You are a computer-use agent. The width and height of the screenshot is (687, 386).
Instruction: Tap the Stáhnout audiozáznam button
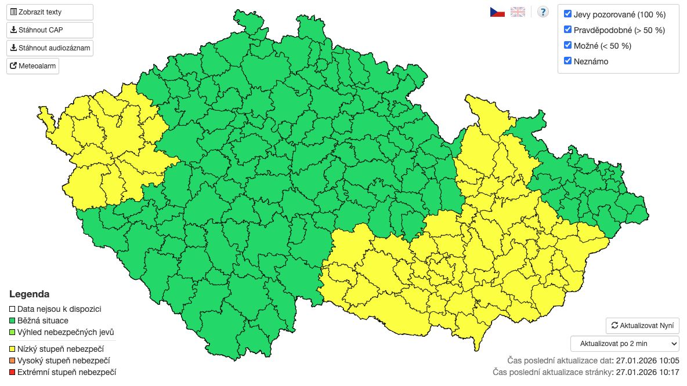[49, 48]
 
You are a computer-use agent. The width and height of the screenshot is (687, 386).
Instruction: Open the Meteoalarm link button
[32, 66]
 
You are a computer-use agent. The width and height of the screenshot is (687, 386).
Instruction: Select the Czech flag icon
[497, 12]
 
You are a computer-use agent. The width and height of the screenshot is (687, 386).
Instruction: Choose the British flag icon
[518, 12]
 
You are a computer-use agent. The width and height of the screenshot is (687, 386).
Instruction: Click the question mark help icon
[543, 12]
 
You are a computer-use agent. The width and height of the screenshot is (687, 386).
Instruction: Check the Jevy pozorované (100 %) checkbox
[568, 14]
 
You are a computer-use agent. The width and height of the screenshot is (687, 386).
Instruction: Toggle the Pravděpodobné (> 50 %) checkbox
[568, 30]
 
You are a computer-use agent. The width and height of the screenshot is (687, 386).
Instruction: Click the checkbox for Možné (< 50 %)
[568, 45]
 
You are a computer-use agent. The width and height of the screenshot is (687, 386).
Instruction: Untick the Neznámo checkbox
[568, 61]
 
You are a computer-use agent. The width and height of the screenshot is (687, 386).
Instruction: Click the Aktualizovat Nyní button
[642, 325]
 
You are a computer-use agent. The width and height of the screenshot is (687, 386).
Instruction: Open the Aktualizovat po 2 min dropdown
[624, 343]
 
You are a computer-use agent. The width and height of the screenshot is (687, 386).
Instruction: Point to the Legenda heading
[29, 294]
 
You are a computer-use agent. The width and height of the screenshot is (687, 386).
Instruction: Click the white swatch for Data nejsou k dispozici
[13, 309]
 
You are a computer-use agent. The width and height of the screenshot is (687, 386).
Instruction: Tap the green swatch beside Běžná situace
[13, 321]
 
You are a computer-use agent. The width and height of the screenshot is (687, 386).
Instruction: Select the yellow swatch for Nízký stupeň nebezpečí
[13, 349]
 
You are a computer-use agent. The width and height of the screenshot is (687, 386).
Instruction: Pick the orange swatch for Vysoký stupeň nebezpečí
[13, 360]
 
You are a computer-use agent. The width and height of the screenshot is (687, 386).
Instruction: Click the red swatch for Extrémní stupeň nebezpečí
[13, 372]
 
